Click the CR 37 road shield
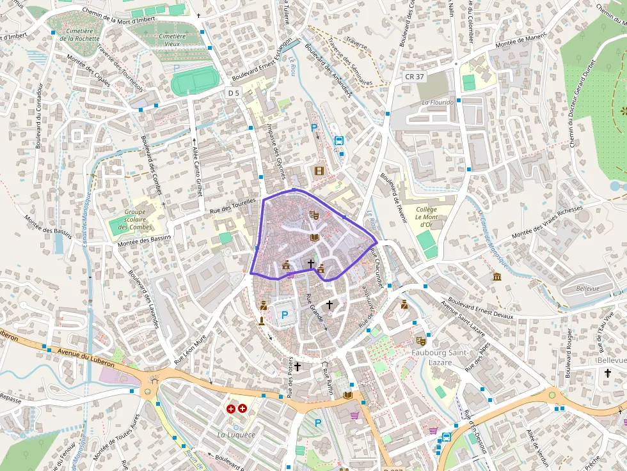click(x=415, y=77)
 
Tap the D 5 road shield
click(x=234, y=93)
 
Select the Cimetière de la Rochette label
click(x=79, y=35)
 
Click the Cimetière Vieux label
click(x=171, y=40)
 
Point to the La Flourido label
click(x=438, y=102)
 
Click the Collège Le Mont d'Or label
click(x=426, y=217)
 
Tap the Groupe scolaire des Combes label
click(x=134, y=219)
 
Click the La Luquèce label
click(x=236, y=435)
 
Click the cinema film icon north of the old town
click(x=319, y=171)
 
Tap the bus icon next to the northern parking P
click(x=339, y=141)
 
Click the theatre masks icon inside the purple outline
click(x=313, y=215)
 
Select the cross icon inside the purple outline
click(x=311, y=263)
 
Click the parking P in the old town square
click(x=285, y=314)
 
